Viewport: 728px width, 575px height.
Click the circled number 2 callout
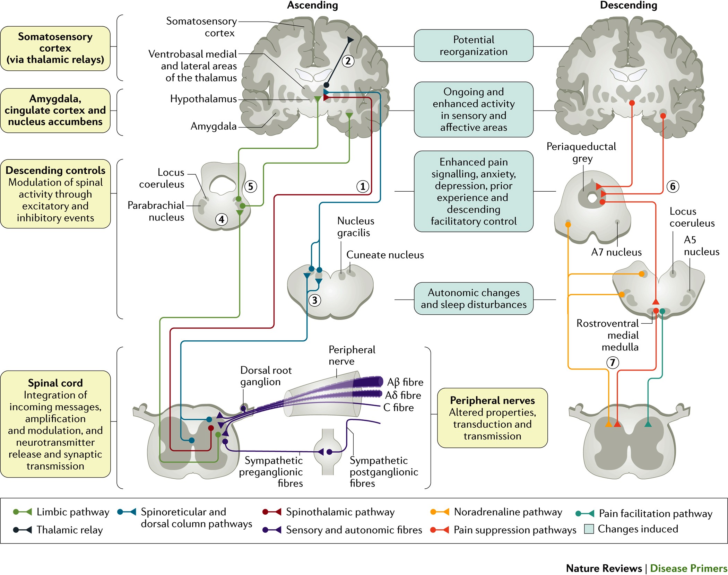[348, 61]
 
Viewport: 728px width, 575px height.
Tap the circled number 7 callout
[613, 363]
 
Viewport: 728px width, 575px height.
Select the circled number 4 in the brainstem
[222, 219]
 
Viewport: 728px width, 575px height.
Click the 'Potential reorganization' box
[474, 46]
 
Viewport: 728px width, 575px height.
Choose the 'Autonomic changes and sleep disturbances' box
[474, 299]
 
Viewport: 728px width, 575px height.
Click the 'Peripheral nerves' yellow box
[492, 418]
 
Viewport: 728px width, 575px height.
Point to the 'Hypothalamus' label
[203, 99]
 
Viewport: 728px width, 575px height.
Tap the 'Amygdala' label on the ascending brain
[213, 126]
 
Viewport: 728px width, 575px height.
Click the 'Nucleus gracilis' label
[355, 227]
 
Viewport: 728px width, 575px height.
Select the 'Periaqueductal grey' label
[581, 153]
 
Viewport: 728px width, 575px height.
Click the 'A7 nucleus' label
[616, 252]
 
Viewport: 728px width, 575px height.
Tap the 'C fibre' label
[398, 408]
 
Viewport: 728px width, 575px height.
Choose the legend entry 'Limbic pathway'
[73, 512]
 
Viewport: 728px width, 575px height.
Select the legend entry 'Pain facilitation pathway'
[655, 514]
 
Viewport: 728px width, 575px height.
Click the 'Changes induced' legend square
[589, 529]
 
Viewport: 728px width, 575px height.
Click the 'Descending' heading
[629, 5]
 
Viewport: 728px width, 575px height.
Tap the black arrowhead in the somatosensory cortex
[350, 40]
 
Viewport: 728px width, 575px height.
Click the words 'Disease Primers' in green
[688, 568]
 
